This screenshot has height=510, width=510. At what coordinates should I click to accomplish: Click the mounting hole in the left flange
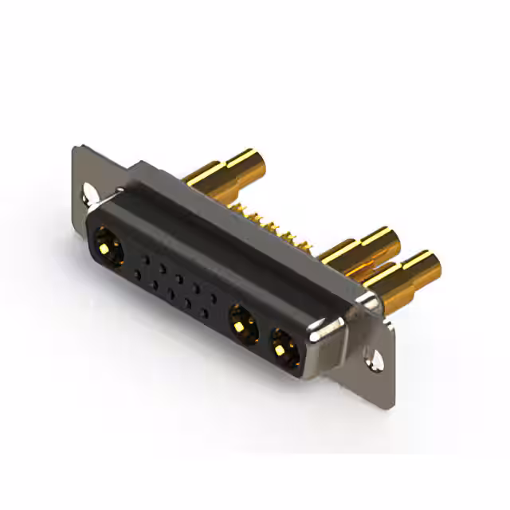(x=88, y=192)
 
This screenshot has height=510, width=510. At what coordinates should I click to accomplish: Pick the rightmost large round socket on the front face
(x=284, y=347)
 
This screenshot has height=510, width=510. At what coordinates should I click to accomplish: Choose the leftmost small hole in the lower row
(x=136, y=275)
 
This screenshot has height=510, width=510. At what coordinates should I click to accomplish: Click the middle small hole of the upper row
(x=178, y=278)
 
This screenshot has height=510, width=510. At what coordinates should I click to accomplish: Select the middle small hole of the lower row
(x=171, y=295)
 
